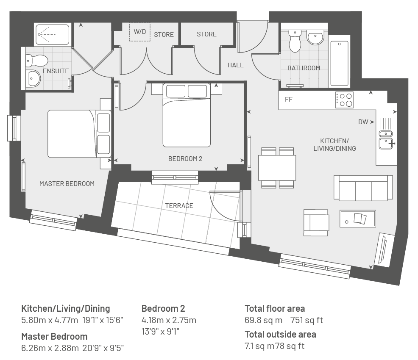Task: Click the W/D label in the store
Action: coord(140,32)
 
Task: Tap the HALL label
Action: coord(236,65)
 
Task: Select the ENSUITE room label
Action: coord(56,71)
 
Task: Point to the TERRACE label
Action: coord(179,205)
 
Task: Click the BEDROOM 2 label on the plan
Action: coord(185,159)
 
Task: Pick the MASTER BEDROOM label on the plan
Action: coord(67,184)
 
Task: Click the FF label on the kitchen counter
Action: coord(289,100)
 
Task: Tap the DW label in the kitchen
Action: coord(363,122)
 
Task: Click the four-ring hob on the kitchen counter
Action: coord(344,100)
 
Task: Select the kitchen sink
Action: coord(386,140)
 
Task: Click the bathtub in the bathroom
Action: coord(339,64)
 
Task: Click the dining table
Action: coord(277,168)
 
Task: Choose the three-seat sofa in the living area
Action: coord(363,188)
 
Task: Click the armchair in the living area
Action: coord(316,223)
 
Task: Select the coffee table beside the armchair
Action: coord(358,219)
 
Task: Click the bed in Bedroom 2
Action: coord(187,115)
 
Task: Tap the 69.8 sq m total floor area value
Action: coord(263,320)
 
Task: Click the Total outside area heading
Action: coord(281,335)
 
